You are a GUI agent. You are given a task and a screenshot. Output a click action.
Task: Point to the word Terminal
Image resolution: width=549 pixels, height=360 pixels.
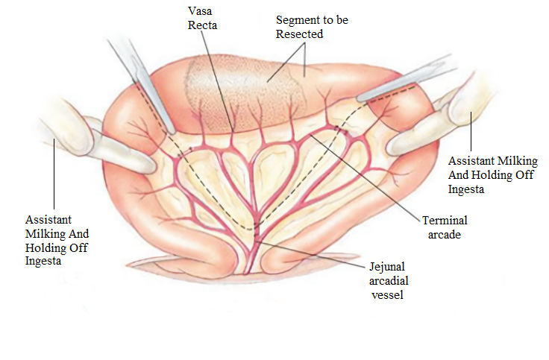445,221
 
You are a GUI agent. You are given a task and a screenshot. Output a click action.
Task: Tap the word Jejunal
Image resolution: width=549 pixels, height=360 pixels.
388,267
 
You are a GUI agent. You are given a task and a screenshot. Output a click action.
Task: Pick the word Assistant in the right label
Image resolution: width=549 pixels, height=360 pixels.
473,161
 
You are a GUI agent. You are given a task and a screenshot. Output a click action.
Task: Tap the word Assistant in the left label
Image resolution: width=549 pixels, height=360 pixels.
49,221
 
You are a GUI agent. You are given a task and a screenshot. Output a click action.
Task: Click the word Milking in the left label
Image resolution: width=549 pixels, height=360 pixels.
45,234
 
